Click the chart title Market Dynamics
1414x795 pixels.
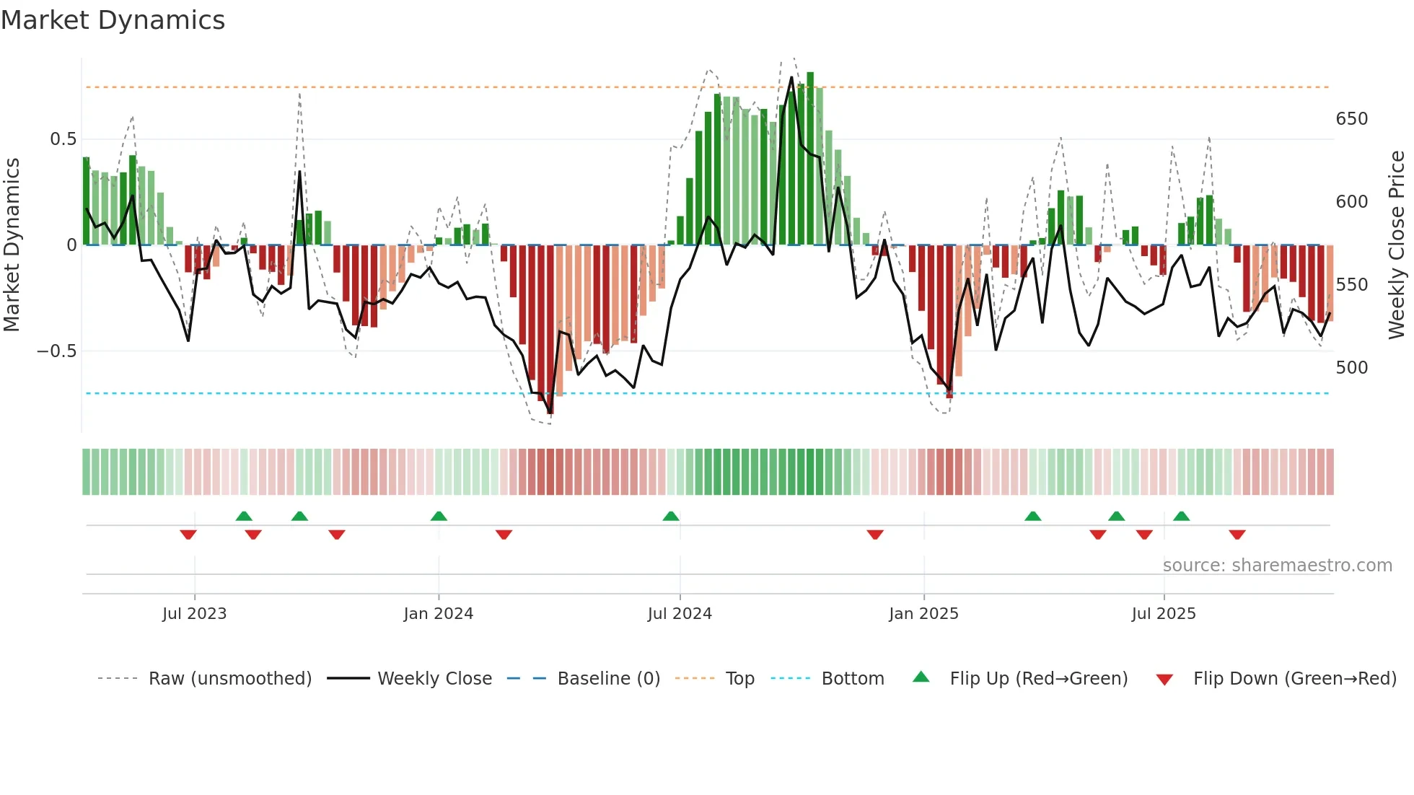click(113, 20)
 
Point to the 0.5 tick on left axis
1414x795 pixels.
click(63, 139)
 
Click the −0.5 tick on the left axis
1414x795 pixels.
click(57, 351)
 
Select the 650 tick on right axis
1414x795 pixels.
click(1351, 119)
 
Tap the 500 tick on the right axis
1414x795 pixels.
click(1351, 368)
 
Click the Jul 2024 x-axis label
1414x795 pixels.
click(680, 614)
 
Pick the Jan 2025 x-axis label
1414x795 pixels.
click(923, 614)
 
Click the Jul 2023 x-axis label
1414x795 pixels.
click(194, 614)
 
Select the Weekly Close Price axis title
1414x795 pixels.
click(1397, 245)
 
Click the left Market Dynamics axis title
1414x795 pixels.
click(12, 245)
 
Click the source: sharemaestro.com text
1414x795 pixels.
click(1277, 566)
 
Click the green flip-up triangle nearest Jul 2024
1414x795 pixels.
click(671, 517)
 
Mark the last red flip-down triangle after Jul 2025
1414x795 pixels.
click(1237, 535)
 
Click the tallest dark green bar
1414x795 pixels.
click(810, 159)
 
